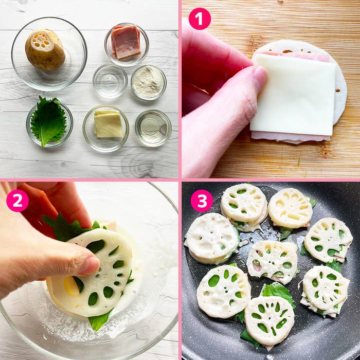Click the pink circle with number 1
[200, 19]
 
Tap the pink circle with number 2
[17, 201]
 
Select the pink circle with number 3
[202, 201]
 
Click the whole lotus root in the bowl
[45, 49]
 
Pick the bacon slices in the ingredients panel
[126, 42]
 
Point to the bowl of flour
[149, 82]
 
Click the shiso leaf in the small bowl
[48, 121]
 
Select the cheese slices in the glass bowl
[108, 123]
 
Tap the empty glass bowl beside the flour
[110, 81]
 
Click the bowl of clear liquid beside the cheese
[153, 128]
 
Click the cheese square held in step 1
[293, 94]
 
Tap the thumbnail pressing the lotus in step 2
[90, 266]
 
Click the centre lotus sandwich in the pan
[272, 261]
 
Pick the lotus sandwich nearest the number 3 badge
[244, 207]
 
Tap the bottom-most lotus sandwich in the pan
[269, 320]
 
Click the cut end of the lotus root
[42, 41]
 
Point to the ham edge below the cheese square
[291, 137]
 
